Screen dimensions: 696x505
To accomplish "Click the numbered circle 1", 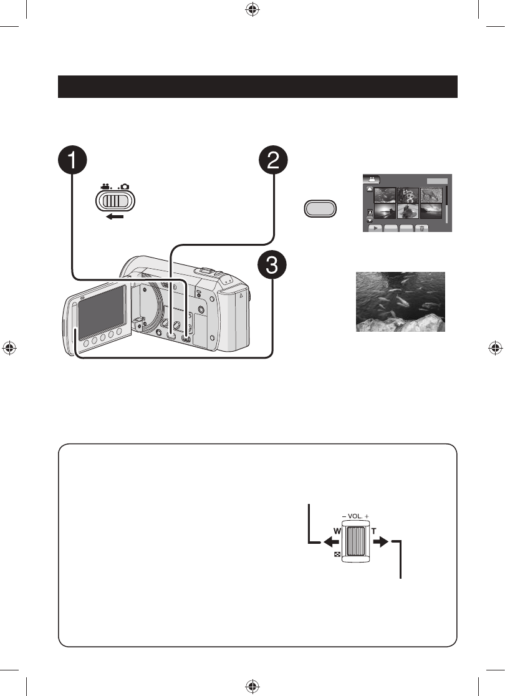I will coord(74,162).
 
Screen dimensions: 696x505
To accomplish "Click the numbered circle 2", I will coord(273,162).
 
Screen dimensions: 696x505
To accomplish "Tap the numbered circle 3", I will coord(273,270).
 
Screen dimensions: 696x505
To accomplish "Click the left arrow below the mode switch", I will coord(116,218).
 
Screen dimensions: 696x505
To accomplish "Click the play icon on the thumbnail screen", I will coord(375,228).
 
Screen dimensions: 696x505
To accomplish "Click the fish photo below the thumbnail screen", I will coord(400,301).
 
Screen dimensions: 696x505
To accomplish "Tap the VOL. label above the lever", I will coord(355,517).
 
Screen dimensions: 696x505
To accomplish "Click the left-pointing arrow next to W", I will coord(329,543).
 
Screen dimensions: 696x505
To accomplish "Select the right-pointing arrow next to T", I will coord(381,543).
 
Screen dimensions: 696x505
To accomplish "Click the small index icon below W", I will coord(337,554).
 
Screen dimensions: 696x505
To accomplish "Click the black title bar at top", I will coord(257,87).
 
